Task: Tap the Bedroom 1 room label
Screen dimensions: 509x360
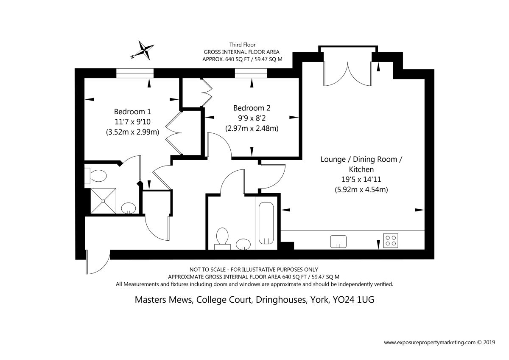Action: [132, 112]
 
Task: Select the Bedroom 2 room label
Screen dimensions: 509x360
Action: [252, 108]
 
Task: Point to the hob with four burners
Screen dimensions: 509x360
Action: [391, 241]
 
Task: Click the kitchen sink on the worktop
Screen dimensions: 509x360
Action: [338, 242]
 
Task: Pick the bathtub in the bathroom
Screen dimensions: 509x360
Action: [266, 223]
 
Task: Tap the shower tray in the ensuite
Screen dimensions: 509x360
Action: [103, 201]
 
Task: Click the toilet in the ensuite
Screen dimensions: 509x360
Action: [96, 176]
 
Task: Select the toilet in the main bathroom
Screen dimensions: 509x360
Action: [222, 239]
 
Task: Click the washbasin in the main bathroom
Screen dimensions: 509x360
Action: [243, 244]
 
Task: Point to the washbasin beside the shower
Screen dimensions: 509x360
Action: [129, 208]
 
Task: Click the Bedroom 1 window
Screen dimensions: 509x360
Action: [135, 73]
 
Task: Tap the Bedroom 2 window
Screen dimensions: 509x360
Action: [251, 73]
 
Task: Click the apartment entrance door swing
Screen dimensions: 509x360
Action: [98, 262]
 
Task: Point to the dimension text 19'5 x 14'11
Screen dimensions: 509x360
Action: [361, 180]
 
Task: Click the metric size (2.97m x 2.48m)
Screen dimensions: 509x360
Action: [252, 129]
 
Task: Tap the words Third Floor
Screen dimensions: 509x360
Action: [242, 45]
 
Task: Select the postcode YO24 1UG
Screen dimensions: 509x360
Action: [353, 300]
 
